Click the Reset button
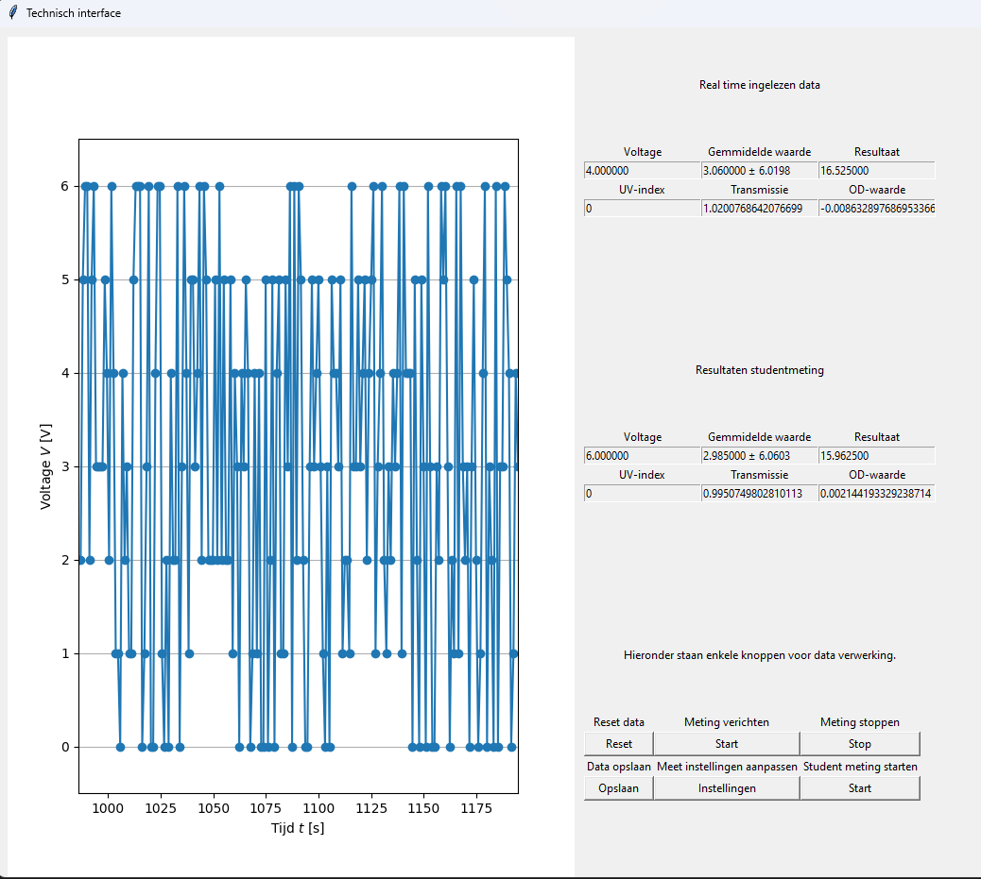pos(619,744)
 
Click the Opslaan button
pos(619,788)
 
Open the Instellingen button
pos(727,788)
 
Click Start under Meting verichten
pos(727,744)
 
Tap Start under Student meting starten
pos(860,788)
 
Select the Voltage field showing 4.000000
pos(642,171)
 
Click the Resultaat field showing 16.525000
pos(876,171)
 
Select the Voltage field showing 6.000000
pos(642,456)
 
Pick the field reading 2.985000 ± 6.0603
pos(760,456)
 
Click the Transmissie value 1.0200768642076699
pos(760,208)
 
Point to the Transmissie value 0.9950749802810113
pos(760,493)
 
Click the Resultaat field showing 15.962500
pos(876,456)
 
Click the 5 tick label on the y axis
pos(65,279)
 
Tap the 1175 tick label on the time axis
pos(476,808)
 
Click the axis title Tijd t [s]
pos(298,828)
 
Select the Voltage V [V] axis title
pos(45,467)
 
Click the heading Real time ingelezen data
pos(760,85)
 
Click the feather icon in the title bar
pos(12,12)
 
